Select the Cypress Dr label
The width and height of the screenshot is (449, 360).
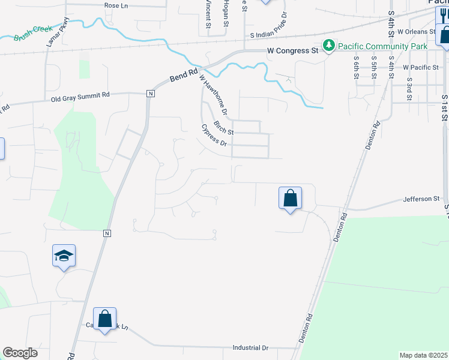[x=214, y=136]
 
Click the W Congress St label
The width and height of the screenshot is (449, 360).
[x=292, y=52]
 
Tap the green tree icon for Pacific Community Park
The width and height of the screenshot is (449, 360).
[x=328, y=45]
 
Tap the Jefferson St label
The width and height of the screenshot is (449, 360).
[x=421, y=199]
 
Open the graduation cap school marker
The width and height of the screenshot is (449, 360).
[x=64, y=256]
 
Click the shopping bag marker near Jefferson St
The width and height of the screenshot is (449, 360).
[x=290, y=197]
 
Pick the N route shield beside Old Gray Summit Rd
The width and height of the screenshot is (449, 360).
[x=150, y=94]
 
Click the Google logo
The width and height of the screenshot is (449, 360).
[x=20, y=353]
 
